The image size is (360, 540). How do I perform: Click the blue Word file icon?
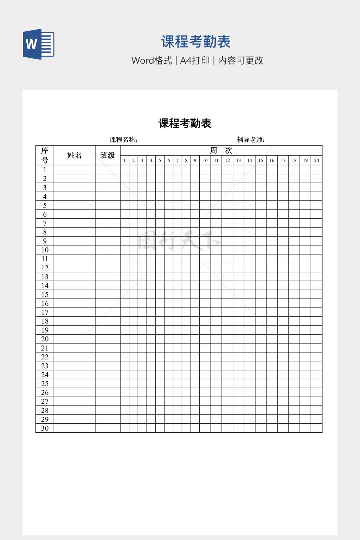pyautogui.click(x=39, y=44)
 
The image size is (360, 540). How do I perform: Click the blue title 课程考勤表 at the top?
pyautogui.click(x=195, y=42)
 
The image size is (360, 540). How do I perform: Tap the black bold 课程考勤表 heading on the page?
pyautogui.click(x=185, y=123)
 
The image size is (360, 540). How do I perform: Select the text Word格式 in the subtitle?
pyautogui.click(x=152, y=60)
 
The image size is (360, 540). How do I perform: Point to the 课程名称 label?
pyautogui.click(x=123, y=140)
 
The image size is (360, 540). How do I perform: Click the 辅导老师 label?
pyautogui.click(x=251, y=140)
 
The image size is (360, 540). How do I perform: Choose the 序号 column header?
pyautogui.click(x=45, y=155)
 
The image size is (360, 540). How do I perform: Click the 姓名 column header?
pyautogui.click(x=74, y=155)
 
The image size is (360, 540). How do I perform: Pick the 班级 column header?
pyautogui.click(x=108, y=155)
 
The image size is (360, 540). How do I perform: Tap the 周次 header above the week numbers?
pyautogui.click(x=221, y=150)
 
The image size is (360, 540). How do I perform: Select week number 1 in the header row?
pyautogui.click(x=124, y=160)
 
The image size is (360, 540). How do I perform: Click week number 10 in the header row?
pyautogui.click(x=205, y=160)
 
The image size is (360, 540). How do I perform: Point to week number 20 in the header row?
pyautogui.click(x=316, y=160)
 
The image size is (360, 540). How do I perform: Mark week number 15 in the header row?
pyautogui.click(x=261, y=160)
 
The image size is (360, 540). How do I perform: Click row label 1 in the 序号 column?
pyautogui.click(x=45, y=170)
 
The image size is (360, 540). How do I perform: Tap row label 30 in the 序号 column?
pyautogui.click(x=45, y=428)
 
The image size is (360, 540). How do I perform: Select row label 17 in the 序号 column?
pyautogui.click(x=45, y=312)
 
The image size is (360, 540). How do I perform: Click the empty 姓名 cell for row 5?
pyautogui.click(x=74, y=205)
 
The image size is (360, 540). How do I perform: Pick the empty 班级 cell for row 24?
pyautogui.click(x=108, y=375)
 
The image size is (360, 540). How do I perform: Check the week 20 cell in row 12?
pyautogui.click(x=316, y=268)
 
